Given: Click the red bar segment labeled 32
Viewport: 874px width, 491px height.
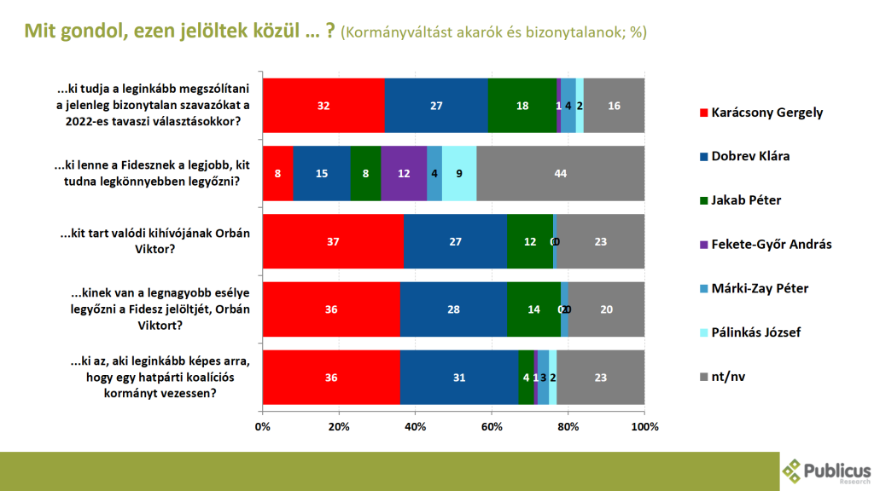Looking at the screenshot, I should click(x=323, y=106).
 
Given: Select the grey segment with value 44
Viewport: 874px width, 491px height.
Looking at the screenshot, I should click(x=560, y=173).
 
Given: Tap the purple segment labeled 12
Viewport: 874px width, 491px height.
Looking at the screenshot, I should click(x=404, y=173).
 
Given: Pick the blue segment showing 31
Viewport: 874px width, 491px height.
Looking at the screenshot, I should click(x=459, y=377).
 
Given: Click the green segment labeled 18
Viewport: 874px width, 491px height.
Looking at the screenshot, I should click(x=522, y=106).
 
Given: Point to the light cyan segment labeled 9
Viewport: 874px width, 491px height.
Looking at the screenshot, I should click(x=459, y=173).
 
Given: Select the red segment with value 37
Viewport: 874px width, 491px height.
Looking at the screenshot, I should click(x=333, y=241).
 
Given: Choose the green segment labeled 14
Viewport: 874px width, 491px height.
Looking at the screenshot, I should click(x=533, y=309).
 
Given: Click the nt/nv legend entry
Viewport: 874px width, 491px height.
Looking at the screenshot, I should click(x=724, y=376).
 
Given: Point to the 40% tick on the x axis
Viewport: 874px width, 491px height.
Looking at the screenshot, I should click(x=416, y=425).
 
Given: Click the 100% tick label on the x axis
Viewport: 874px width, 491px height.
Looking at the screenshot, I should click(x=644, y=425).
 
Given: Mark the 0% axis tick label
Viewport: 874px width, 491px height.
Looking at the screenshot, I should click(x=263, y=425).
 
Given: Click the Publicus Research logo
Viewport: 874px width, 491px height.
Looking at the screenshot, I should click(x=826, y=471).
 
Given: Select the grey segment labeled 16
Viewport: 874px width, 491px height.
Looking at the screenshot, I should click(x=614, y=106).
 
